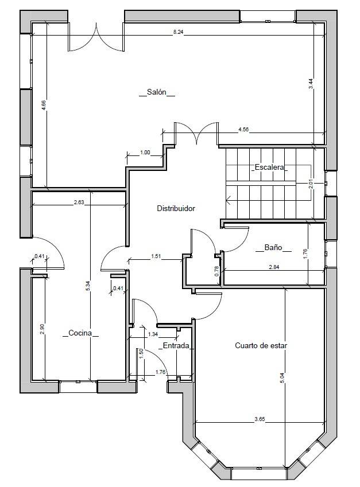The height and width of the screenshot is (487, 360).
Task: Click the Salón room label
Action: coord(157,92)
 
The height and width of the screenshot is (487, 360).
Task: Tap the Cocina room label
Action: coord(80,333)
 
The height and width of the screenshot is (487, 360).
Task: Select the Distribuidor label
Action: coord(176,208)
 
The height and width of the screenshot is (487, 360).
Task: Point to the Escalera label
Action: coord(269,167)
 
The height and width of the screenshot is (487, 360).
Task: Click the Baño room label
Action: coord(273,247)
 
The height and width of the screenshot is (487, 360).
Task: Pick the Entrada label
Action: coord(176,345)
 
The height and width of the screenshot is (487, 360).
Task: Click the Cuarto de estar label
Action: coord(261,345)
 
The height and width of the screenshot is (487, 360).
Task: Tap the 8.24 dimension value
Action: coord(178,32)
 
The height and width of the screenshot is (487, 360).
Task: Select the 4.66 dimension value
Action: coord(44,105)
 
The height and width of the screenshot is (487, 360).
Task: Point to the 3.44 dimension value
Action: coord(311,84)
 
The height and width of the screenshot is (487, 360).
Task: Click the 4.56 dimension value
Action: coord(243,130)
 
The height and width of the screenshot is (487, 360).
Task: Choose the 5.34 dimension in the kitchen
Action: coord(88,286)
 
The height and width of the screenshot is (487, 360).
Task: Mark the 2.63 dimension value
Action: coord(79,202)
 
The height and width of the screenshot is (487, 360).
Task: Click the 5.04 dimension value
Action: coord(282,377)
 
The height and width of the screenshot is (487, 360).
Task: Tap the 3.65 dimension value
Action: coord(260,419)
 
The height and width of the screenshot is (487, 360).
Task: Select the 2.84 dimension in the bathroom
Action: coord(274,267)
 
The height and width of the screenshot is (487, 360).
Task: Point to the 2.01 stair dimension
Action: coord(311,185)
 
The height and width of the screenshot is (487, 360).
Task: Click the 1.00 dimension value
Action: coord(145,152)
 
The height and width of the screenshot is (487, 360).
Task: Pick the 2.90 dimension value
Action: coord(42,329)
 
